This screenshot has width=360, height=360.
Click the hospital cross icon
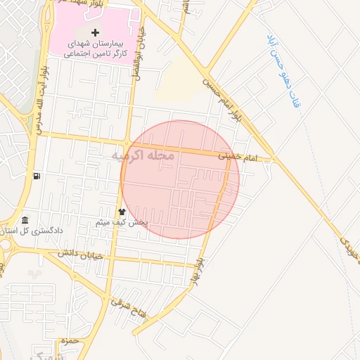tap(96, 33)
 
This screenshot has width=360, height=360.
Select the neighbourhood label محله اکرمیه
tap(143, 155)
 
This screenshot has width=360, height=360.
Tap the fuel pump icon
tap(37, 176)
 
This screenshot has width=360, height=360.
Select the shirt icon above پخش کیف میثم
tap(122, 212)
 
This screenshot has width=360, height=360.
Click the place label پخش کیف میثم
tap(122, 222)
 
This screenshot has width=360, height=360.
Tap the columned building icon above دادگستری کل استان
tap(25, 220)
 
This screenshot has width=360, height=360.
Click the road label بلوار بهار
tap(200, 268)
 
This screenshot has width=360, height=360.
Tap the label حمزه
tap(67, 341)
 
